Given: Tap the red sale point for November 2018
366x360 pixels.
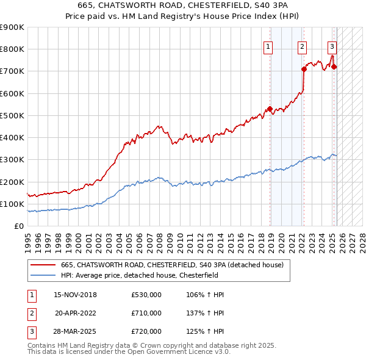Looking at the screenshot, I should pyautogui.click(x=269, y=109).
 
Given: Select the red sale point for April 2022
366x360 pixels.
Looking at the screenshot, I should pyautogui.click(x=304, y=69).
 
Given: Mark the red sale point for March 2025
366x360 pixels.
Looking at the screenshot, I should pyautogui.click(x=334, y=67).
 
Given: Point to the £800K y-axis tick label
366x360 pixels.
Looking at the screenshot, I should pyautogui.click(x=12, y=49).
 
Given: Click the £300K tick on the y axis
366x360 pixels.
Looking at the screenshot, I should pyautogui.click(x=12, y=160).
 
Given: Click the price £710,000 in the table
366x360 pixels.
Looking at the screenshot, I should pyautogui.click(x=146, y=314).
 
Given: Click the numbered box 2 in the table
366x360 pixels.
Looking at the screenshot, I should pyautogui.click(x=30, y=314).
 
